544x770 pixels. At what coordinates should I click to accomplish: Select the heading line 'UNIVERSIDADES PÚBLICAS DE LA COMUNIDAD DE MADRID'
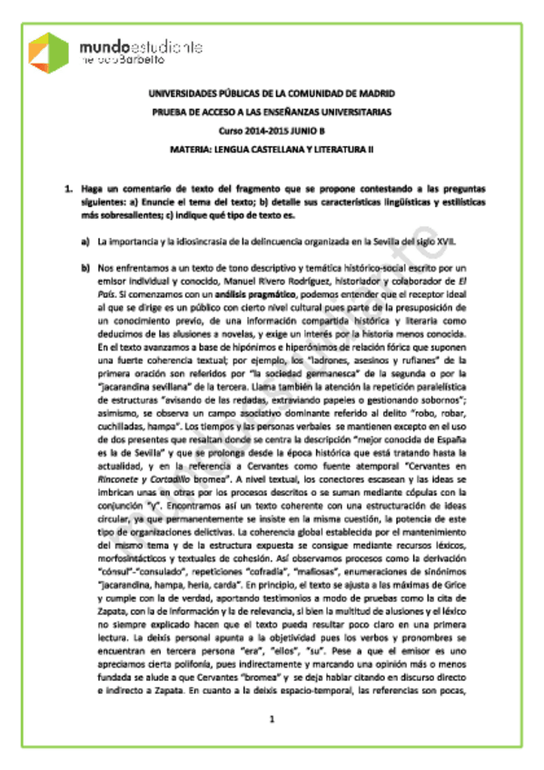tap(272, 94)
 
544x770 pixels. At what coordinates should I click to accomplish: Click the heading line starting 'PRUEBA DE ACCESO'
tap(272, 113)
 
